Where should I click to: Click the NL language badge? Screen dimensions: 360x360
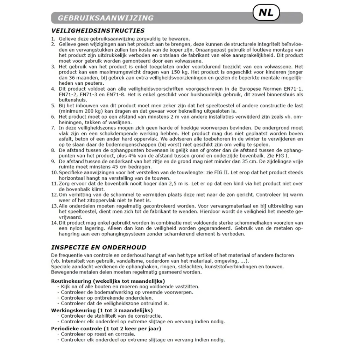[x=266, y=13]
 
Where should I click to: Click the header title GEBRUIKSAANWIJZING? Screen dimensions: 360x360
[x=106, y=18]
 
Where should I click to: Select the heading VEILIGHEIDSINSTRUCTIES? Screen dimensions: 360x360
[x=98, y=31]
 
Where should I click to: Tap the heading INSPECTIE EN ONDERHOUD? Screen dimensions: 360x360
[x=99, y=247]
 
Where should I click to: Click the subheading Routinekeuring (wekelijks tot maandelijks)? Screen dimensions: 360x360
[x=108, y=281]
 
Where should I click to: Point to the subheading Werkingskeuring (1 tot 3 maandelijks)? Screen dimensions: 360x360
[x=102, y=310]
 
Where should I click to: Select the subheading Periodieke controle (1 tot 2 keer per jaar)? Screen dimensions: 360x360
[x=106, y=329]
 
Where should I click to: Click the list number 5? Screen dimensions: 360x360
[x=53, y=106]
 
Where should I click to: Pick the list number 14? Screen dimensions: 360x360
[x=54, y=223]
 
